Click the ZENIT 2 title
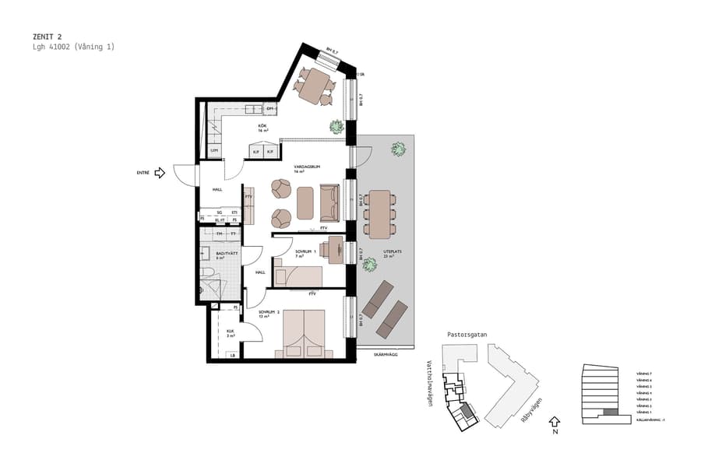point(48,37)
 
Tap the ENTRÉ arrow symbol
point(160,173)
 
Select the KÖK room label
point(263,127)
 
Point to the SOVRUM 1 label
point(304,251)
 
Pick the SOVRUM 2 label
point(269,314)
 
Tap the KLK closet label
point(231,332)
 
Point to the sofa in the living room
point(329,202)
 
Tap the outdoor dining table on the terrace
point(380,214)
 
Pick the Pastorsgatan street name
point(467,334)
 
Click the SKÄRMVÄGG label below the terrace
point(385,354)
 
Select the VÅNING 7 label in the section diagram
point(643,374)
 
